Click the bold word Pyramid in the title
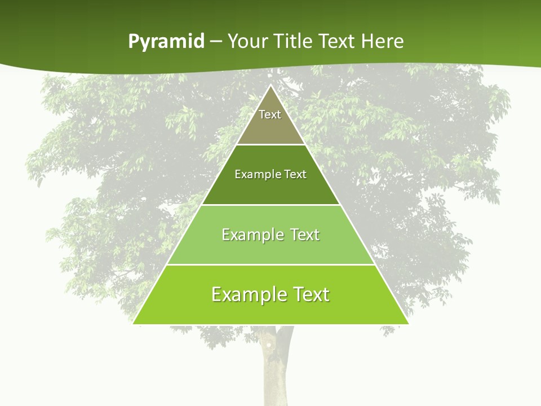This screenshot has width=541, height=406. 166,42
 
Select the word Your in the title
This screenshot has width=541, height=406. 246,41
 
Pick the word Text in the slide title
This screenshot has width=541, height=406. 337,41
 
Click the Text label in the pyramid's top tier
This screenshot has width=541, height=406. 270,114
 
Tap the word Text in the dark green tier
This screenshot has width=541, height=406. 296,174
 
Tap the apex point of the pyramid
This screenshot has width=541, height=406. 270,86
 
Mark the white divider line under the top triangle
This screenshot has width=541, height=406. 270,145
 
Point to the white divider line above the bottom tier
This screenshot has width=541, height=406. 270,264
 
